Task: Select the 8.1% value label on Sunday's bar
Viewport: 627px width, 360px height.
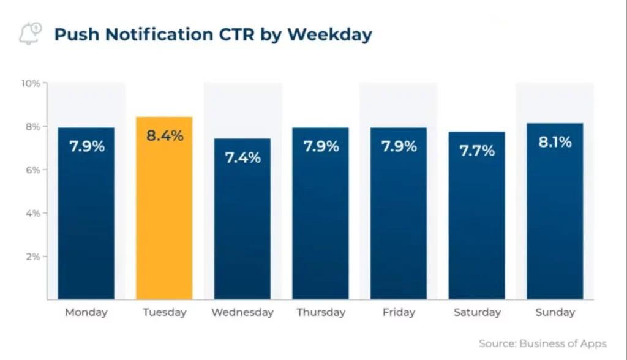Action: pyautogui.click(x=555, y=142)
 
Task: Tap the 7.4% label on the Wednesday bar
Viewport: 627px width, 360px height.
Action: pyautogui.click(x=242, y=157)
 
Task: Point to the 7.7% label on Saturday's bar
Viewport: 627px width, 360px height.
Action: pyautogui.click(x=477, y=151)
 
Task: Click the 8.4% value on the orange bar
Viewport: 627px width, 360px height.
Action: pyautogui.click(x=164, y=136)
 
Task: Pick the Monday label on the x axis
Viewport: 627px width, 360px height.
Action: pyautogui.click(x=86, y=312)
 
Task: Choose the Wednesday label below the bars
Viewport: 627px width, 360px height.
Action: pyautogui.click(x=242, y=312)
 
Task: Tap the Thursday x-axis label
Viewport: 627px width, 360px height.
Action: pyautogui.click(x=321, y=312)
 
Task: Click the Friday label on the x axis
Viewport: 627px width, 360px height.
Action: pyautogui.click(x=399, y=312)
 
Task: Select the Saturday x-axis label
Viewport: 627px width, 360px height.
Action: pyautogui.click(x=477, y=312)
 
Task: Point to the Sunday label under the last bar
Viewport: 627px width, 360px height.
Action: pyautogui.click(x=555, y=312)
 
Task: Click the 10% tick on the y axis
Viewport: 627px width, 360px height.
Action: pyautogui.click(x=31, y=83)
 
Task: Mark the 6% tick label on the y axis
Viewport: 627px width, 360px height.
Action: pyautogui.click(x=32, y=170)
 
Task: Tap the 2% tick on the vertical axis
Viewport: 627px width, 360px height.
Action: pyautogui.click(x=32, y=257)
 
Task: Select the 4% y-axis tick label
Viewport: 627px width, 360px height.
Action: pyautogui.click(x=32, y=213)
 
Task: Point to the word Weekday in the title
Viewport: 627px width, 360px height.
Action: pyautogui.click(x=329, y=34)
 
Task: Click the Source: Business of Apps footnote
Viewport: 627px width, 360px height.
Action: pyautogui.click(x=543, y=343)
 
